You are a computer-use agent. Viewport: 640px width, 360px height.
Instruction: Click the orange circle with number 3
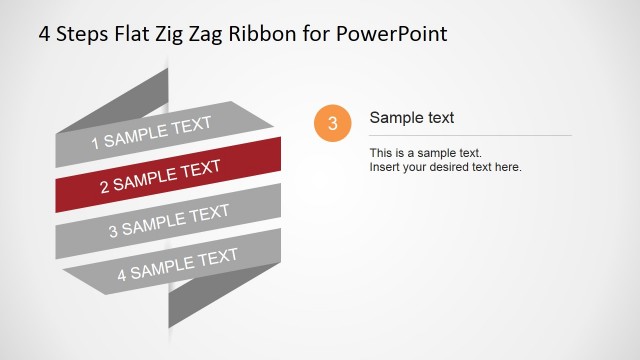point(332,123)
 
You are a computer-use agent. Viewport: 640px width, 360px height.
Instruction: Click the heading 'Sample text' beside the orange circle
point(412,118)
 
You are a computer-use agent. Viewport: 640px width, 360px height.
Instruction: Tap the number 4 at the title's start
point(45,34)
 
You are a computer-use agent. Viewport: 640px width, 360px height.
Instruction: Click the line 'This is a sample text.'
point(426,153)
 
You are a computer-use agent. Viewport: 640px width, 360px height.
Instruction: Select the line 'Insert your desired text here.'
point(446,167)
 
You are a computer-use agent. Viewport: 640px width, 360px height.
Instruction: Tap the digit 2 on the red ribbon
point(103,186)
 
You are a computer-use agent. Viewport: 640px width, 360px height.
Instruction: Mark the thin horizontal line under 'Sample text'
point(470,135)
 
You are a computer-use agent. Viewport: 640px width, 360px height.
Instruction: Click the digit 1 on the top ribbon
point(96,143)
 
